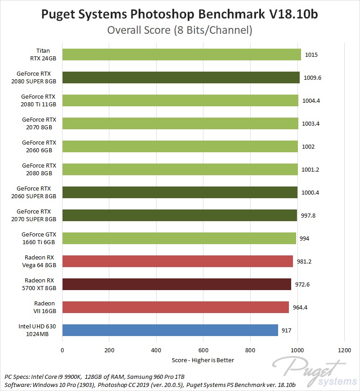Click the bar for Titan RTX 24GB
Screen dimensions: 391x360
coord(181,55)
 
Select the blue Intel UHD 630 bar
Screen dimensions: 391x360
coord(170,330)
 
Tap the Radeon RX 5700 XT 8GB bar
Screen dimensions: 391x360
coord(176,284)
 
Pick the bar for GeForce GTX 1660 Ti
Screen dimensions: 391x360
coord(179,238)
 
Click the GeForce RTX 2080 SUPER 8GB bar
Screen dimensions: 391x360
coord(181,77)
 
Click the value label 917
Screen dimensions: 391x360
coord(287,331)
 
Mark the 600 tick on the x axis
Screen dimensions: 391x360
coord(203,350)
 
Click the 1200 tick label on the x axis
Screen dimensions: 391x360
coord(344,350)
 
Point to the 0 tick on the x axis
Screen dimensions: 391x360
coord(63,350)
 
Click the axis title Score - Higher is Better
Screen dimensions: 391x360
coord(203,360)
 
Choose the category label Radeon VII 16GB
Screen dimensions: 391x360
coord(45,307)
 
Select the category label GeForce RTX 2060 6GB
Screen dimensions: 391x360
coord(39,146)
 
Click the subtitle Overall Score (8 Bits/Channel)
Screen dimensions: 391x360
coord(180,31)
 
